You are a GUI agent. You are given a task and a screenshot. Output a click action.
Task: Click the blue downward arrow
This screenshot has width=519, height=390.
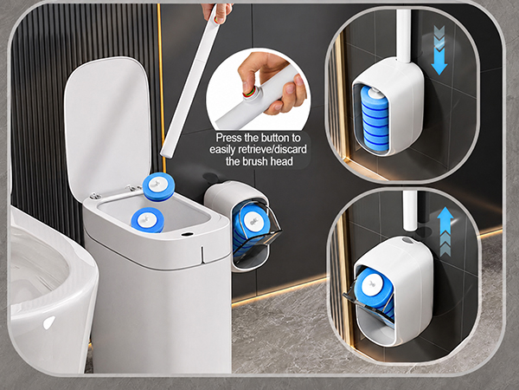click(439, 51)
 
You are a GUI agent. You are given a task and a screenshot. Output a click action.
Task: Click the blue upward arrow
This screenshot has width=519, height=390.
click(445, 232)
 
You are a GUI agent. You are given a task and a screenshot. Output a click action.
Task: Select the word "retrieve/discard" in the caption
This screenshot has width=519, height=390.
click(270, 150)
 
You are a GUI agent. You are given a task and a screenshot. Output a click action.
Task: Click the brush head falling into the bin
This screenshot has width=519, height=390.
click(158, 186)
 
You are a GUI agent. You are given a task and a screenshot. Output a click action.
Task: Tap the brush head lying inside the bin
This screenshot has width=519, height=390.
click(148, 220)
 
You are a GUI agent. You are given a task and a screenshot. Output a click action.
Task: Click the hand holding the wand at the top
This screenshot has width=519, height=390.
click(217, 11)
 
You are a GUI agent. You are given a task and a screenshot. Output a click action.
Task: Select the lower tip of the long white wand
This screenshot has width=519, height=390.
click(165, 155)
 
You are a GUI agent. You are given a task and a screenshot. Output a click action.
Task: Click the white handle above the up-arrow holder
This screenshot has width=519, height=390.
click(410, 211)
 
